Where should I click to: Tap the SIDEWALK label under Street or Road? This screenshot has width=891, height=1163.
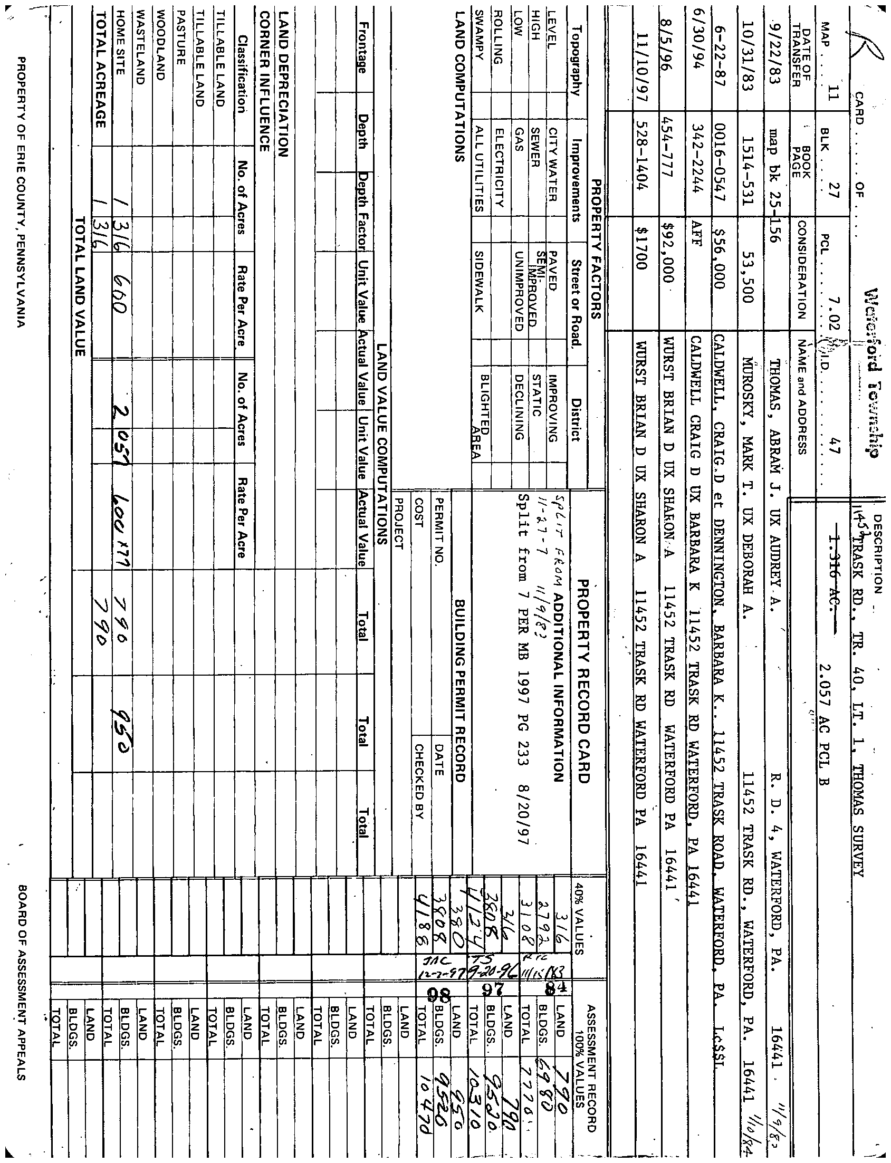(479, 281)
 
